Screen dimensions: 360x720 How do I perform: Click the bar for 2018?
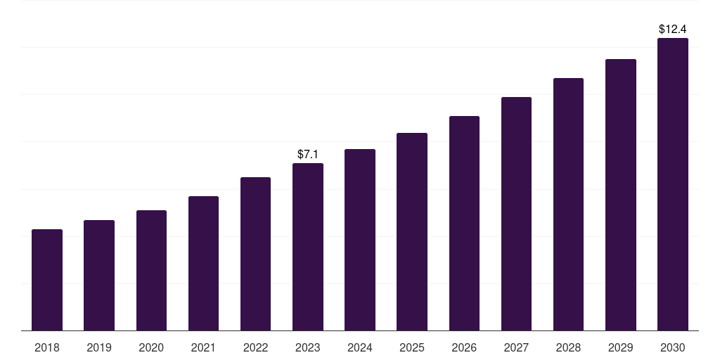47,280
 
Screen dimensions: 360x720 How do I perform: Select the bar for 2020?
151,271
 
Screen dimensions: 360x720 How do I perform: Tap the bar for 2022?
255,254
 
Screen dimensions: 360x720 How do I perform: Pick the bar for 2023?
308,247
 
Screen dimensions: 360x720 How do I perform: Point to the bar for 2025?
412,232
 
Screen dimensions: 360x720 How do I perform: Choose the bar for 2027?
516,214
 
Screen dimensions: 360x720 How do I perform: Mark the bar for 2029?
621,195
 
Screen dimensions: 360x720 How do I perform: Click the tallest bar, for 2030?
673,184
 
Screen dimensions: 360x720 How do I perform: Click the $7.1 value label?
308,154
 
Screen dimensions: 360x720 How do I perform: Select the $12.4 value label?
673,30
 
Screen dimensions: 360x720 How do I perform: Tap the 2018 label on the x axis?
47,347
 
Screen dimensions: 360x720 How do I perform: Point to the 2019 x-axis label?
99,347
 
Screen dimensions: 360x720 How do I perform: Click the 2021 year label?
203,347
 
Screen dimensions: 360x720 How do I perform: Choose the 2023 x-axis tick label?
308,347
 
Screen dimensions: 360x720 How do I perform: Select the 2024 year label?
360,347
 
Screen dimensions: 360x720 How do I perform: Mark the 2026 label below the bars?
464,347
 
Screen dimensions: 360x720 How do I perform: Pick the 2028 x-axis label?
568,347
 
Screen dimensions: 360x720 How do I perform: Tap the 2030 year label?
673,347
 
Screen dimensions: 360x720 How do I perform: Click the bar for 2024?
360,240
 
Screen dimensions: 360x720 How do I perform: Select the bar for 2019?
99,276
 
